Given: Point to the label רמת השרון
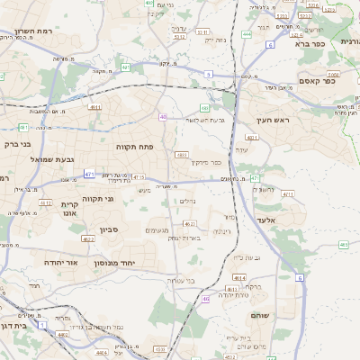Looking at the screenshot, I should pos(37,31).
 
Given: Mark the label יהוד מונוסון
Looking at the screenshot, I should pos(114,262).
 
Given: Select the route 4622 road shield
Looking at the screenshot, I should pos(88,239).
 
